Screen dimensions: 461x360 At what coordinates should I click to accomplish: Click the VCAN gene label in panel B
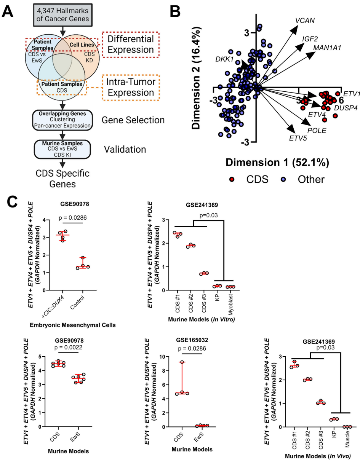pyautogui.click(x=305, y=20)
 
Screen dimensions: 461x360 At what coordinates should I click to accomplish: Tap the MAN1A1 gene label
pyautogui.click(x=326, y=47)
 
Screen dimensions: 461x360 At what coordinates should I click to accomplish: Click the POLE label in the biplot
pyautogui.click(x=317, y=130)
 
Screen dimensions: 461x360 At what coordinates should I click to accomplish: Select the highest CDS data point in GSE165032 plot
pyautogui.click(x=182, y=362)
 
